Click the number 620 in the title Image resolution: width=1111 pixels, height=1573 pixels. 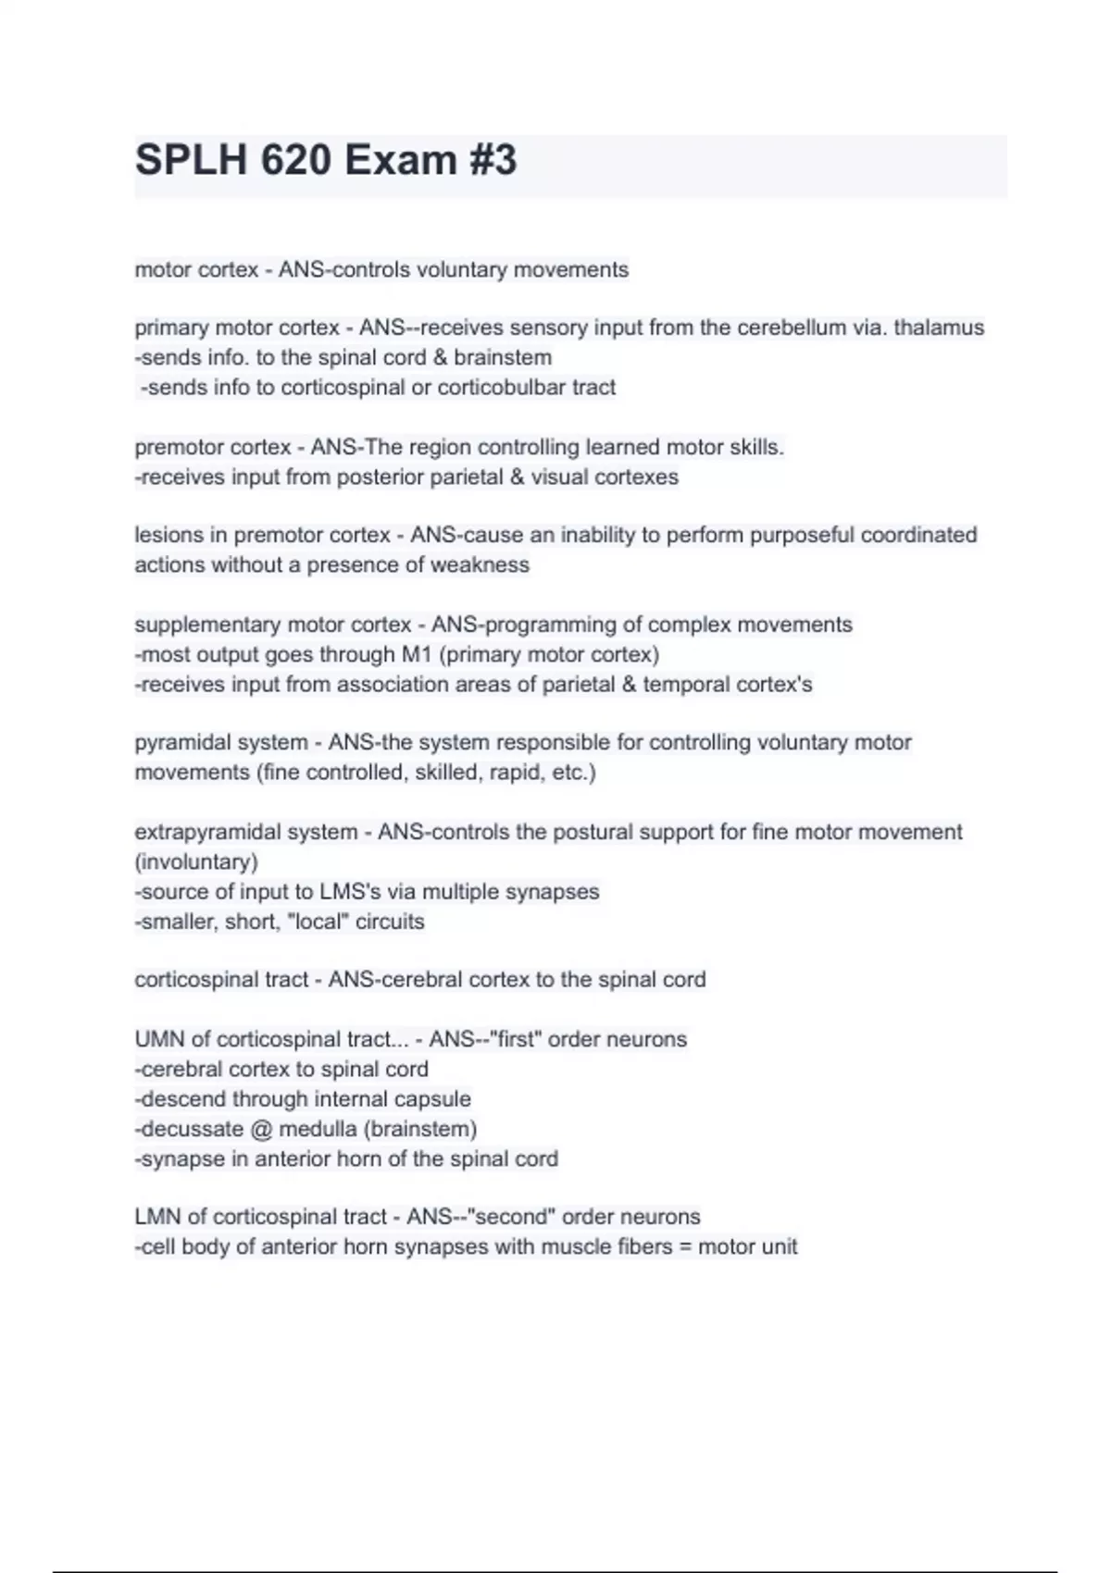(x=295, y=160)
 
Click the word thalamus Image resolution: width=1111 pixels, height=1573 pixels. (x=939, y=328)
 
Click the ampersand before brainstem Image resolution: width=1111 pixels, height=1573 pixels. (x=440, y=357)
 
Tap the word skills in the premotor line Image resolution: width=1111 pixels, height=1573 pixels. (x=755, y=447)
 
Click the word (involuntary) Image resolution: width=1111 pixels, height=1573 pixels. (x=196, y=861)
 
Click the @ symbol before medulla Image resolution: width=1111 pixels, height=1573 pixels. (x=260, y=1129)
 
